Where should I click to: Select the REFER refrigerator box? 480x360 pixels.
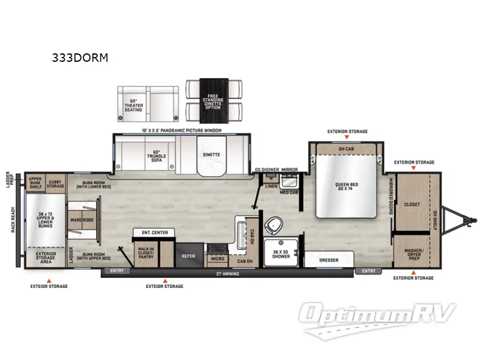188,256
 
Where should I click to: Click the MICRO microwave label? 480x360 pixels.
217,259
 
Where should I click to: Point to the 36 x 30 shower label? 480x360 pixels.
281,254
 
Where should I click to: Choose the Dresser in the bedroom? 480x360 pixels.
329,259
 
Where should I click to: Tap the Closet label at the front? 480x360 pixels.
413,204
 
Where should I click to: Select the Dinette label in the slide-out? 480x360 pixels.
211,155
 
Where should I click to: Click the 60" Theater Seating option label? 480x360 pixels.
133,105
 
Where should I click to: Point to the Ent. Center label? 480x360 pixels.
154,232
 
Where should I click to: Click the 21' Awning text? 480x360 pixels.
227,274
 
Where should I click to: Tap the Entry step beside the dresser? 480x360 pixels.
369,271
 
